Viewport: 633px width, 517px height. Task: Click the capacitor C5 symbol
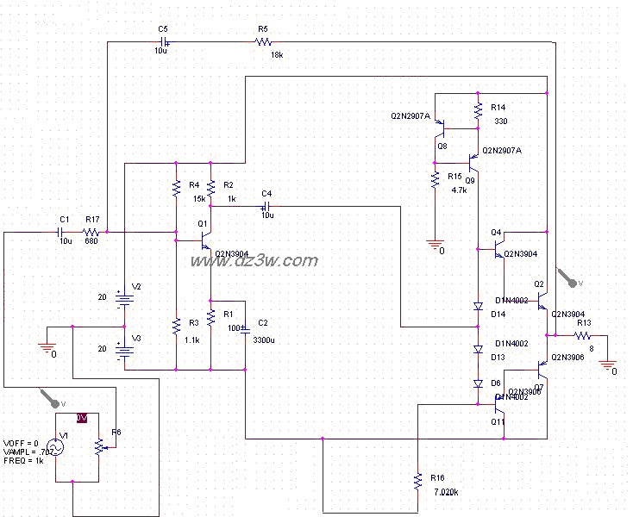[163, 42]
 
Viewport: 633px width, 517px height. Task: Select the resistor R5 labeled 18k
[264, 42]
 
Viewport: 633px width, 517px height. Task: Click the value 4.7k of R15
[459, 190]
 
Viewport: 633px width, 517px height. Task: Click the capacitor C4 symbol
[266, 206]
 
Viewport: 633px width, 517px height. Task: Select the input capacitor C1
[63, 232]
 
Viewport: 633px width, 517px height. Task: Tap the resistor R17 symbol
[91, 232]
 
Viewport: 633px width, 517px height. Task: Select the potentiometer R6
[101, 445]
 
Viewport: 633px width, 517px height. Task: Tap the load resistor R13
[584, 335]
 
